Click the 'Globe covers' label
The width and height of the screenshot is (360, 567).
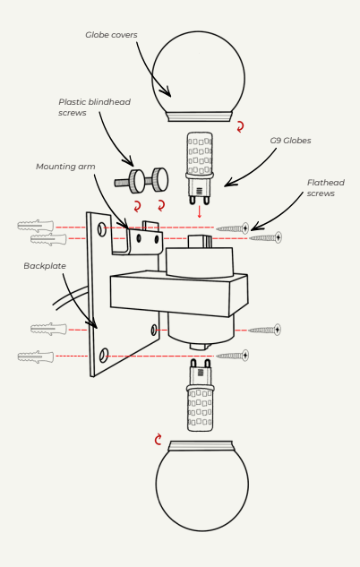click(x=111, y=35)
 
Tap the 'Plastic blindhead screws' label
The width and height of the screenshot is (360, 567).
click(x=94, y=107)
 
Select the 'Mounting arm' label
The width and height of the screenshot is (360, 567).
click(x=65, y=167)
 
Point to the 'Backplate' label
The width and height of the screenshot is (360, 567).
click(x=45, y=266)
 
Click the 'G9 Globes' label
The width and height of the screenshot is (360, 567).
click(x=290, y=141)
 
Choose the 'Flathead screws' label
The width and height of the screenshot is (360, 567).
click(x=326, y=188)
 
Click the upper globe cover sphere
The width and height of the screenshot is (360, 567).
click(x=198, y=76)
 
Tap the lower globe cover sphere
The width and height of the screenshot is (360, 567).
click(x=202, y=485)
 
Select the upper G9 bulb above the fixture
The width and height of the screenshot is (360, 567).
click(x=199, y=168)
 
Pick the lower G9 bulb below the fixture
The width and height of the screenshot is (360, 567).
click(x=201, y=395)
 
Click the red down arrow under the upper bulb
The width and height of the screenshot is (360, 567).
click(x=199, y=212)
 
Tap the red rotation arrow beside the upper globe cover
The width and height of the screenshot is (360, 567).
click(x=240, y=126)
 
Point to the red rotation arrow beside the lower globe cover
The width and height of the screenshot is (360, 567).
click(x=158, y=440)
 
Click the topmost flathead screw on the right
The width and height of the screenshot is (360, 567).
click(x=233, y=228)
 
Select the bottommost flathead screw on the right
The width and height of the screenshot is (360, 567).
click(x=233, y=356)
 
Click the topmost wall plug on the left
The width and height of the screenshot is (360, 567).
click(x=36, y=226)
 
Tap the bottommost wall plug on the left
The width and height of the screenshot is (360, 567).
click(x=36, y=357)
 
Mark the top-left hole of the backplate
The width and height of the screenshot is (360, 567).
click(x=102, y=229)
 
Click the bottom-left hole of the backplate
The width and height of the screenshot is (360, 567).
click(x=103, y=356)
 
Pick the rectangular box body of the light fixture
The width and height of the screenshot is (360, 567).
click(x=179, y=294)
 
